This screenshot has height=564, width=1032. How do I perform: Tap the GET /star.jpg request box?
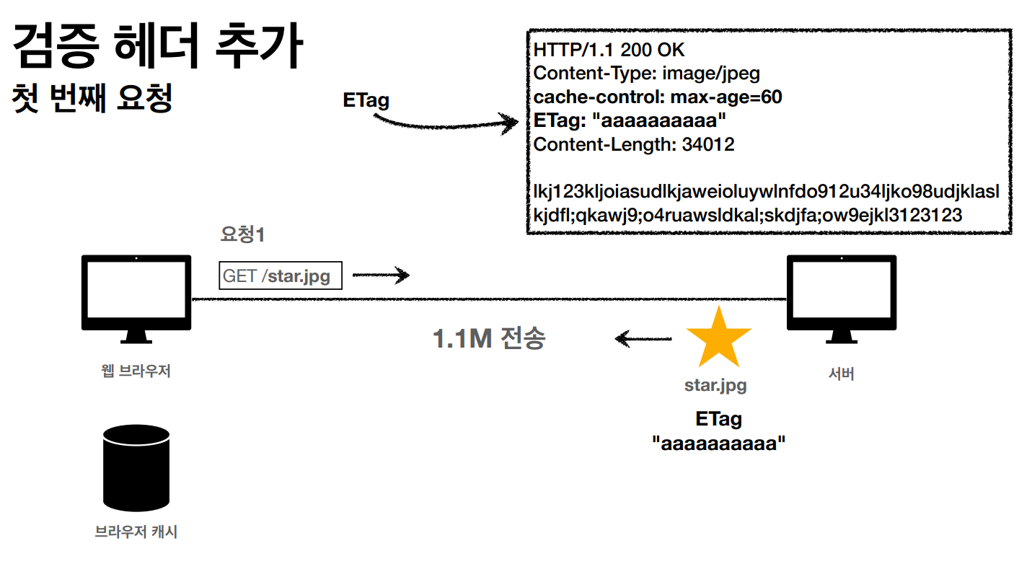pos(280,276)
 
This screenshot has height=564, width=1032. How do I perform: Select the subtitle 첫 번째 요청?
pos(92,99)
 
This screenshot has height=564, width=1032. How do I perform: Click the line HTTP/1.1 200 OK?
pos(609,50)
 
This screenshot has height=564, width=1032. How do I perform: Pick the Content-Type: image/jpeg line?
pos(646,74)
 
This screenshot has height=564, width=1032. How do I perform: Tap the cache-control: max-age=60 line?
pos(658,97)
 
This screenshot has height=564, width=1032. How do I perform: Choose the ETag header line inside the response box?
pos(630,120)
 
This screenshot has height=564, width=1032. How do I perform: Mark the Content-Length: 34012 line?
pos(634,144)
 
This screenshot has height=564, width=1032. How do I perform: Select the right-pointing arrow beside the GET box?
pos(381,275)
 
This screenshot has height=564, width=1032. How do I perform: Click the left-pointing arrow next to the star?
pos(643,338)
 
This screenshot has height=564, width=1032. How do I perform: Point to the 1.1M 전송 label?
pos(489,338)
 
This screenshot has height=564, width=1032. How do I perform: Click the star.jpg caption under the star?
pos(715,385)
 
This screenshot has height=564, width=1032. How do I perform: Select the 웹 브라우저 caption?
pos(136,372)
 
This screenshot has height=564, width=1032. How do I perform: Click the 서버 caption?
pos(841,374)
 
